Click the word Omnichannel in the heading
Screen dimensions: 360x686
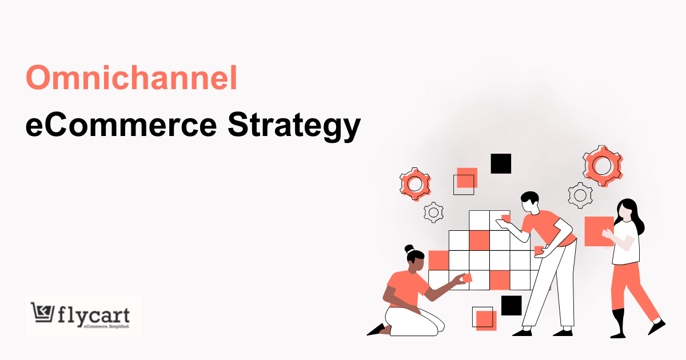coord(131,78)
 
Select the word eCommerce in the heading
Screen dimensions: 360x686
coord(121,125)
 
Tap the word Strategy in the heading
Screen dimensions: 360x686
coord(294,125)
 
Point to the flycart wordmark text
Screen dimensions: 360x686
coord(94,315)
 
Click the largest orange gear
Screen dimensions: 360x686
coord(602,165)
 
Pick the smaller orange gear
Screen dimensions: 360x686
coord(414,183)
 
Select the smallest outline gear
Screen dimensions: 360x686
coord(433,213)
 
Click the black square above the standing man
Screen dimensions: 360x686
coord(501,163)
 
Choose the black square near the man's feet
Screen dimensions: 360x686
coord(511,305)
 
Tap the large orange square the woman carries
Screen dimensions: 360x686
coord(597,231)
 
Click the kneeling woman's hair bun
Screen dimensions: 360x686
coord(409,249)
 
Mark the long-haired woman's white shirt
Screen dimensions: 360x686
coord(625,243)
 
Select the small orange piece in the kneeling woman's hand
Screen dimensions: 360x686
coord(466,278)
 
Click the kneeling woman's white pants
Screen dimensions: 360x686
coord(413,321)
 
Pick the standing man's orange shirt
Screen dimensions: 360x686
coord(547,226)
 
